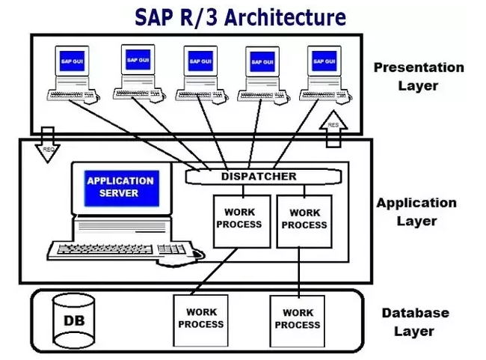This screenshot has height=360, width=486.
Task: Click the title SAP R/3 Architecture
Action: coord(240,16)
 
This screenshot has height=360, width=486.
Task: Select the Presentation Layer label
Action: coord(418,76)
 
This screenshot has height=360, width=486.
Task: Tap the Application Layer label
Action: coord(416,211)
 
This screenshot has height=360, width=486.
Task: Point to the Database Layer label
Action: coord(415,322)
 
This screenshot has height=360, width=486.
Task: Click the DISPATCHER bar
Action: coord(262,177)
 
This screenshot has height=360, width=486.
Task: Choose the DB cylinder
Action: coord(73,320)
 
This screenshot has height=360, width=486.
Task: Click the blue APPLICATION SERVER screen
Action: coord(120,187)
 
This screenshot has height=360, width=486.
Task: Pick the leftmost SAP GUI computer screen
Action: coord(72,61)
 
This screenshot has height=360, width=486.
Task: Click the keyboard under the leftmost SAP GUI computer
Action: coord(70,95)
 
